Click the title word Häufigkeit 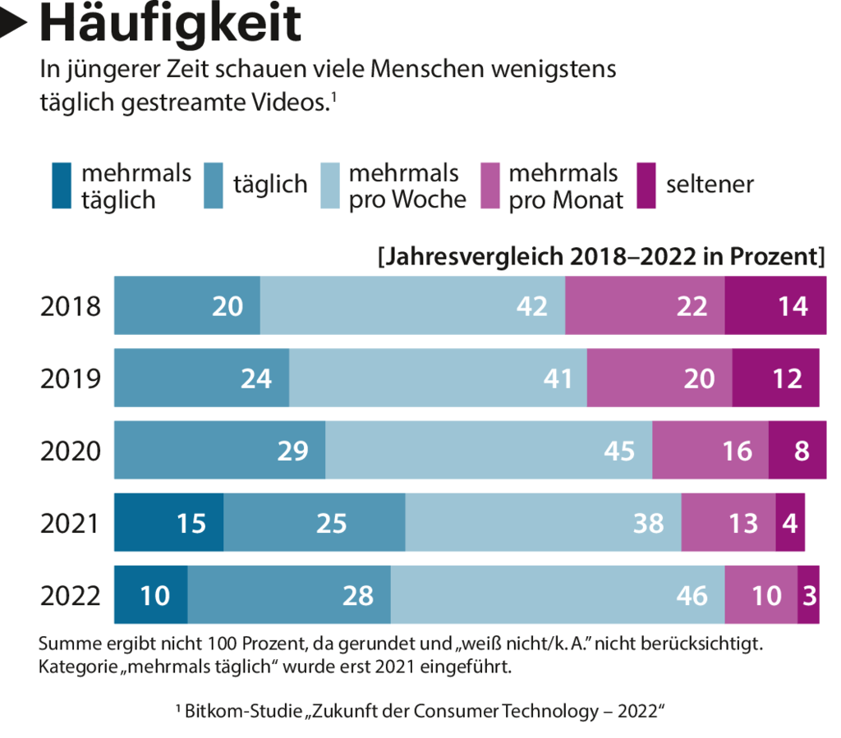click(170, 25)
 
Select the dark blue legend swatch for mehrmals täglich click(61, 186)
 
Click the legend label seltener click(710, 185)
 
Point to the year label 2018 click(71, 306)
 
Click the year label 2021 click(71, 523)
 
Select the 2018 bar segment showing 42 click(412, 306)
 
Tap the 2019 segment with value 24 click(201, 378)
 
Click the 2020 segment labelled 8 click(797, 451)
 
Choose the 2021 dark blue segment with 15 click(168, 523)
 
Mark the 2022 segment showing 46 click(557, 595)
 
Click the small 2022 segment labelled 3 click(808, 595)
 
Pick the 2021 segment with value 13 click(728, 523)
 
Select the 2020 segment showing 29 click(219, 451)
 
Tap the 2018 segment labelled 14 click(775, 306)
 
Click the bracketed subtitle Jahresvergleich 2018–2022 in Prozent click(601, 257)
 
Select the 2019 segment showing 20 click(659, 378)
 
